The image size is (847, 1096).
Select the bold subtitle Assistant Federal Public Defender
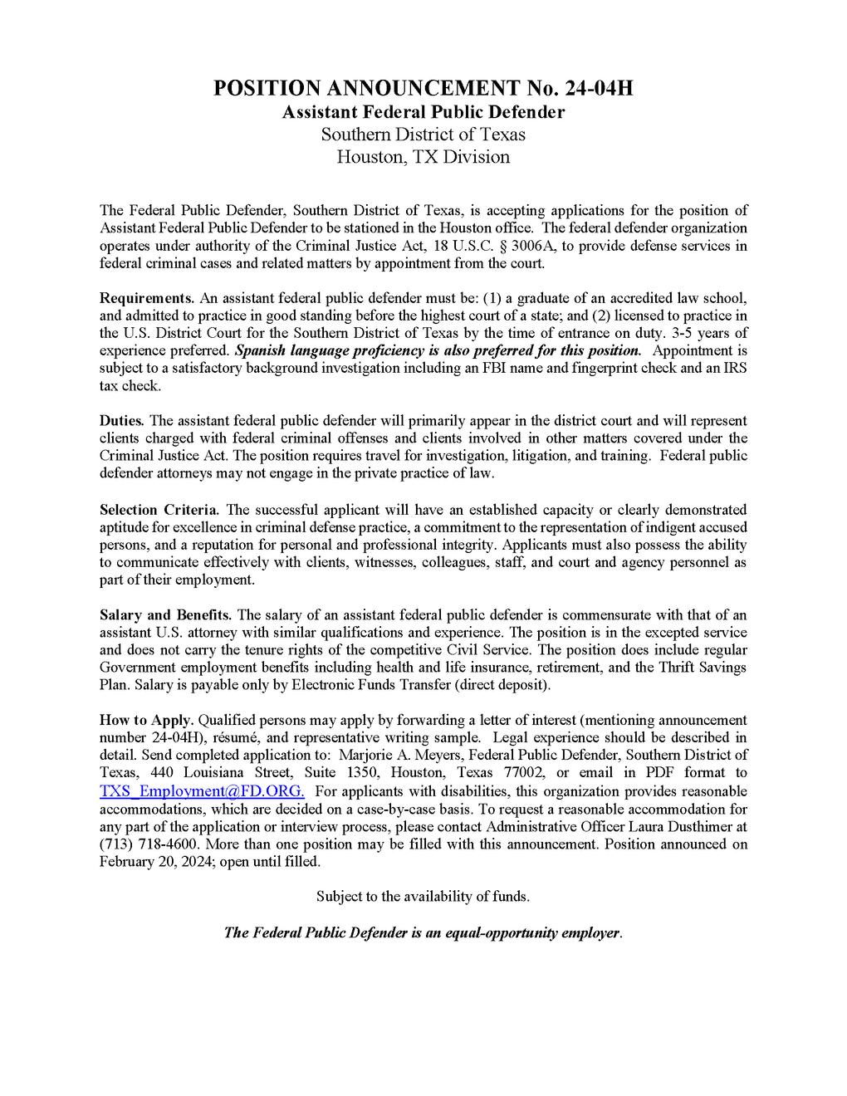423,111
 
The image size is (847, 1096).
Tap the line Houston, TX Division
423,156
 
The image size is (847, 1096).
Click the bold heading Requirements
147,298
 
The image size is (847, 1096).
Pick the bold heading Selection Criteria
159,509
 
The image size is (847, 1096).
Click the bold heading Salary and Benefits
166,614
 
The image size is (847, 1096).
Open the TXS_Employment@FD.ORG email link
202,791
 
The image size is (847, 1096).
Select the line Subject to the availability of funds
423,897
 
